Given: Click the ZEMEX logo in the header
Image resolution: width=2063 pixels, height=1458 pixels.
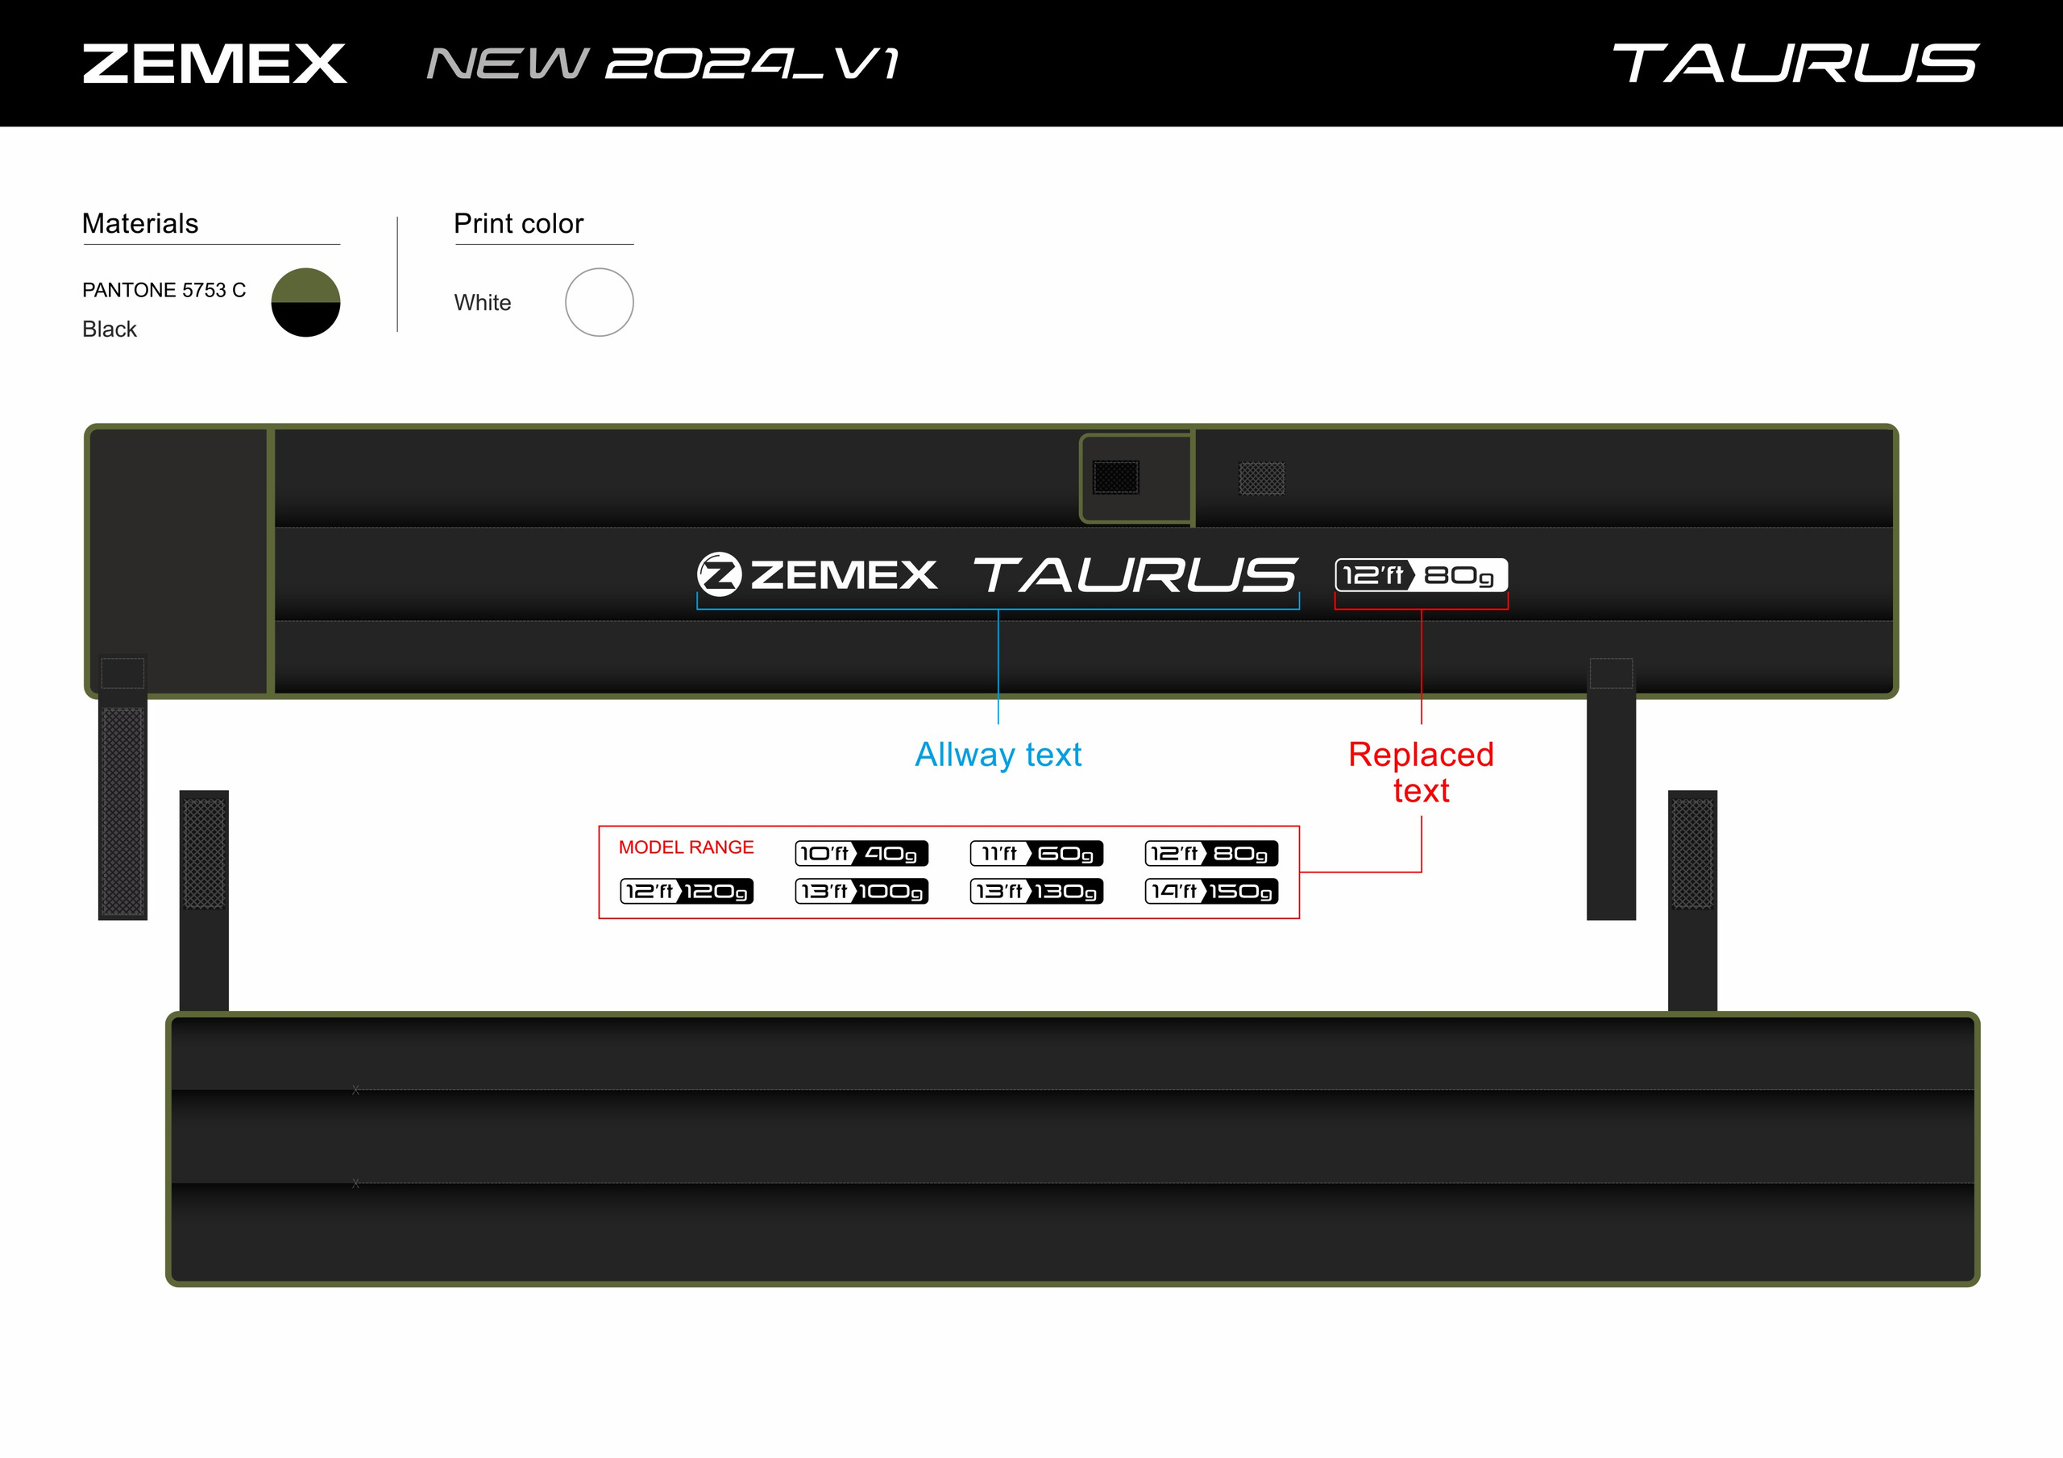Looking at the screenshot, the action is (214, 64).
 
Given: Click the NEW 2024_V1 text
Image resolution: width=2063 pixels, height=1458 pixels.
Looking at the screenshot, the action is (663, 64).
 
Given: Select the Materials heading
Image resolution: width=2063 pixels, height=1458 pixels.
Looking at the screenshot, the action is (140, 224).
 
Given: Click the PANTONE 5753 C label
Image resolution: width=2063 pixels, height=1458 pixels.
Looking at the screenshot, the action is (164, 290).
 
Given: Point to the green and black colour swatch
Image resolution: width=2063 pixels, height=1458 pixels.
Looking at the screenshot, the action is (305, 303).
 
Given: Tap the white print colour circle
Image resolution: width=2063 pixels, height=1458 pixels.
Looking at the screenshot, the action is (600, 303).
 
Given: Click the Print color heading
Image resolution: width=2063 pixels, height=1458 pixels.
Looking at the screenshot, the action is (518, 224).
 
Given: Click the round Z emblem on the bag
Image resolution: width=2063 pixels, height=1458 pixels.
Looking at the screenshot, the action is (720, 574).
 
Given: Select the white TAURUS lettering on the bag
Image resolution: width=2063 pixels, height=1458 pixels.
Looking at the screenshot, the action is (1135, 575).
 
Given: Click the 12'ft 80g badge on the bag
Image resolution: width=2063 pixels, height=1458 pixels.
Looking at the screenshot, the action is (1422, 575).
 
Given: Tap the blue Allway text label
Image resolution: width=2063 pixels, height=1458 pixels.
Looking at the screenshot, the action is (998, 756).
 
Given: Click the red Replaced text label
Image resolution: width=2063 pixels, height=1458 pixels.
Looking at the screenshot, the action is (1422, 772).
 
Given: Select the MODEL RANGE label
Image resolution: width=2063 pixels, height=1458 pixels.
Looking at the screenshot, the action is (687, 847).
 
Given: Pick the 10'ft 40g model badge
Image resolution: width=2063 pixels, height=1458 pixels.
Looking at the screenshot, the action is (861, 853).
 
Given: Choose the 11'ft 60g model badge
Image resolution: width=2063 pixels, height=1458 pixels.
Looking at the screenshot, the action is (1037, 853).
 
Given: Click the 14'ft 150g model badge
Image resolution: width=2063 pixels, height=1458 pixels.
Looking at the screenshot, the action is (1211, 891).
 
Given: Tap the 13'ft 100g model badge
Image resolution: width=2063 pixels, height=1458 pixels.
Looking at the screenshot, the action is (861, 891).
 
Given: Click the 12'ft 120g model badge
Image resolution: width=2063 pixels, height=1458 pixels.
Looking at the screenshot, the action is (687, 891).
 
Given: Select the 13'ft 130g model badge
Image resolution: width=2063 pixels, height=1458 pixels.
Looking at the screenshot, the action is (1037, 891).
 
